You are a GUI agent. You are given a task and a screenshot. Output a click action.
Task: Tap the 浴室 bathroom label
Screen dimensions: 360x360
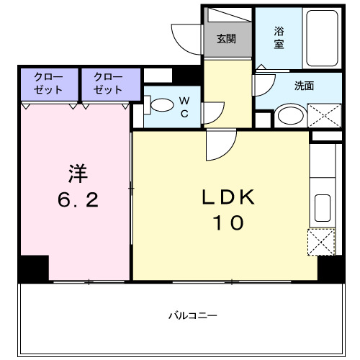[279, 37]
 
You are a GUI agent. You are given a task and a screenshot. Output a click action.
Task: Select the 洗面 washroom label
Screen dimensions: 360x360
[304, 86]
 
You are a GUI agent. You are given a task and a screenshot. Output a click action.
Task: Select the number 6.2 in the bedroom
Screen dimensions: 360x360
[77, 199]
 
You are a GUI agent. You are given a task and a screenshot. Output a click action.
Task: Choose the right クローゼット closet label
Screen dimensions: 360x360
[107, 84]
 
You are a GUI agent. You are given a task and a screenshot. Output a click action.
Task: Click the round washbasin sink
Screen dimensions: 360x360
[291, 116]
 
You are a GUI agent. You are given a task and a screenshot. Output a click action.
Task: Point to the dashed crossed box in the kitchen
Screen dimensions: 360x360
[322, 241]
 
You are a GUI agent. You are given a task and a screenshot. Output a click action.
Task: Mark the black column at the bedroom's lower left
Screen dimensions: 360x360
[33, 269]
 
